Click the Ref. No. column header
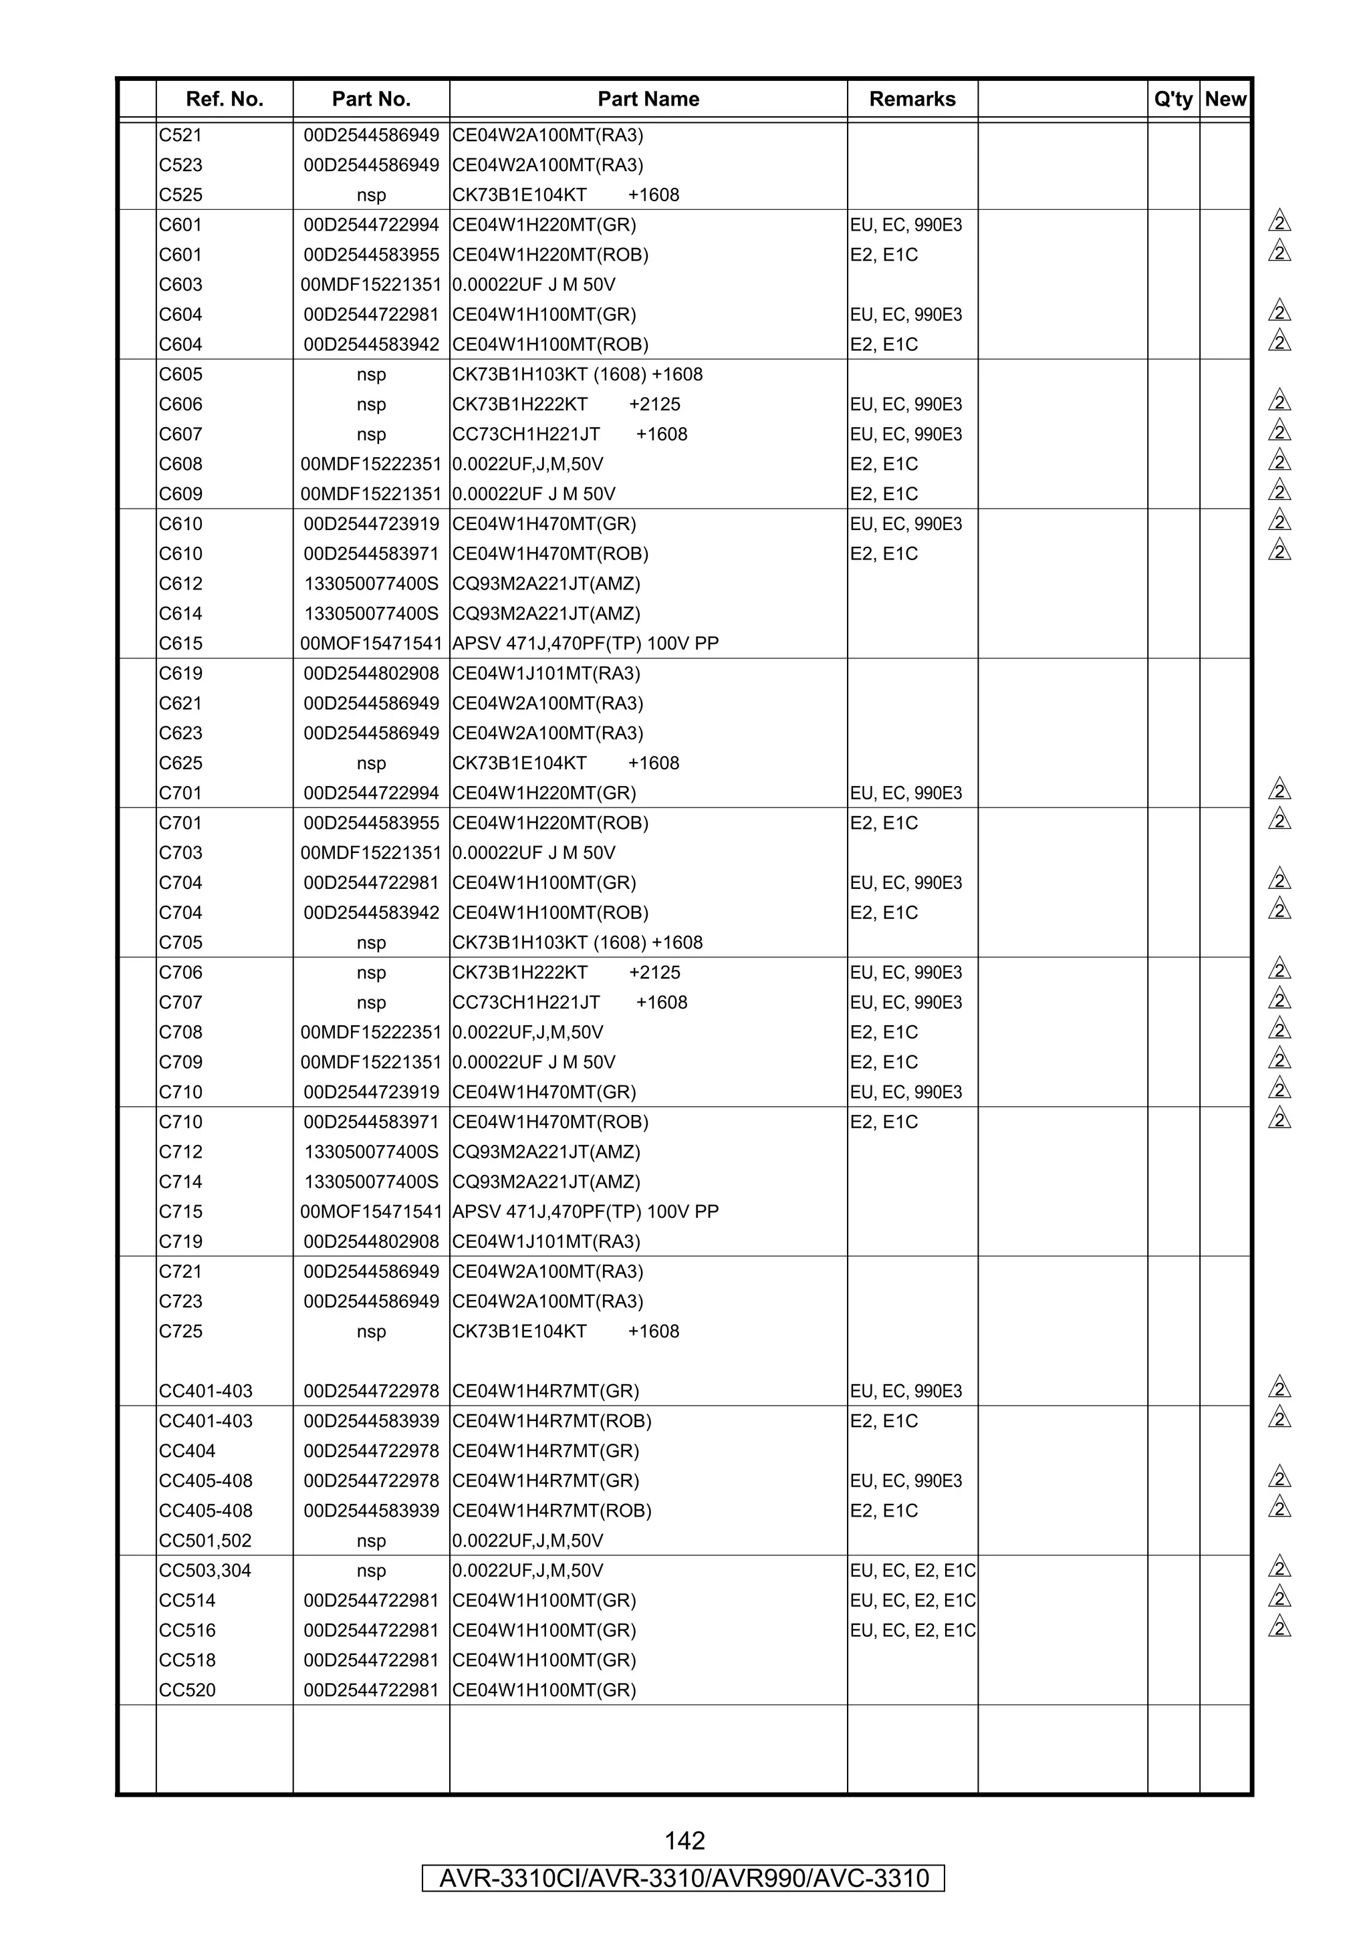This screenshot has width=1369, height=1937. (x=225, y=100)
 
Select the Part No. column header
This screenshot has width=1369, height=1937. (x=371, y=100)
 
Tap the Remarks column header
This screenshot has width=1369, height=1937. (x=912, y=100)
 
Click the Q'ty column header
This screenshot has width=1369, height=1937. (x=1172, y=100)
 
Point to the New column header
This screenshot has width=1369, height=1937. (x=1225, y=100)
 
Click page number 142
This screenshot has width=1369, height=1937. (x=684, y=1840)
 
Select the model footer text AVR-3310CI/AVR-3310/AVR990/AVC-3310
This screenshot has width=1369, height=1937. (x=684, y=1878)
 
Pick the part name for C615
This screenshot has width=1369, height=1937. (x=586, y=644)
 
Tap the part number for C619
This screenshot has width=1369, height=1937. (x=371, y=673)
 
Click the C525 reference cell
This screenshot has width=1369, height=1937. (x=180, y=195)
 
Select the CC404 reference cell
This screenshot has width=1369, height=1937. (x=187, y=1451)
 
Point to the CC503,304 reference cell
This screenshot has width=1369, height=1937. (x=205, y=1571)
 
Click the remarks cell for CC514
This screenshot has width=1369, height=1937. (x=912, y=1600)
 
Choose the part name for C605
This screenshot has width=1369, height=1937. (x=577, y=374)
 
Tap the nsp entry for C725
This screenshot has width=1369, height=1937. (x=371, y=1332)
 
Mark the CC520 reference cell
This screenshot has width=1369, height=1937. (x=187, y=1690)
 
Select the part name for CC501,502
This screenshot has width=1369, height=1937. (x=527, y=1541)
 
